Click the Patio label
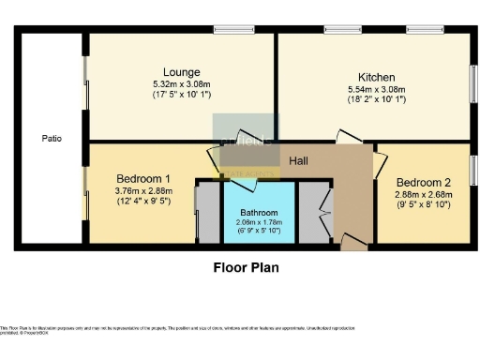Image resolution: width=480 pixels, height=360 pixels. point(52,138)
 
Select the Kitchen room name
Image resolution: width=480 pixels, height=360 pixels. point(376,77)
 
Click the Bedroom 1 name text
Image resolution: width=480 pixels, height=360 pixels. point(143,178)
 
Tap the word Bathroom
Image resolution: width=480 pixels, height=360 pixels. point(259,212)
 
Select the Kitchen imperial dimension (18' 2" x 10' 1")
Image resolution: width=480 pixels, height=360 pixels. point(376,98)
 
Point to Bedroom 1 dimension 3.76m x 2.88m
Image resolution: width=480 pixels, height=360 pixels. point(143,190)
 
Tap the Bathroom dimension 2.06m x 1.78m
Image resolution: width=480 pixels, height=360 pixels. point(259,221)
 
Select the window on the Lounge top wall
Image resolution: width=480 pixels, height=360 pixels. point(227,29)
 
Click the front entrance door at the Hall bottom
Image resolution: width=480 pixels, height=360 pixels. point(354,244)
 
